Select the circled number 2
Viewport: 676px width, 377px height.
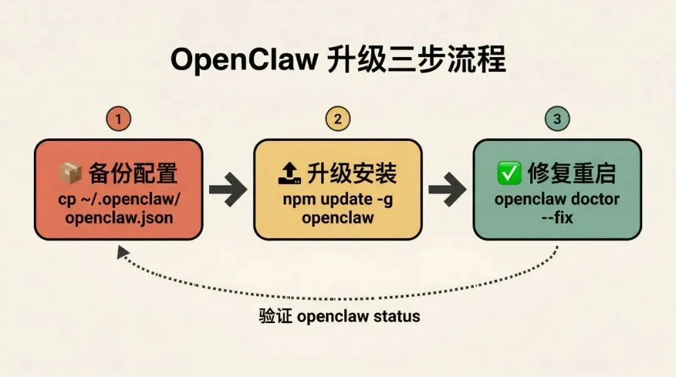click(337, 119)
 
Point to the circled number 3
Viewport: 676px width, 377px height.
click(556, 119)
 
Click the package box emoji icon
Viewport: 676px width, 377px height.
click(70, 173)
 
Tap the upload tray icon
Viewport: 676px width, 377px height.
click(289, 173)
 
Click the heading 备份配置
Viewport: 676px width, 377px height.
click(133, 173)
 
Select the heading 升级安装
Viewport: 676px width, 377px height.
click(352, 173)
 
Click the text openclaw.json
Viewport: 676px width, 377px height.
click(118, 218)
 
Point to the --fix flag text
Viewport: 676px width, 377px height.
click(556, 219)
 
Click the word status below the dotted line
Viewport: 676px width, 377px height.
click(397, 316)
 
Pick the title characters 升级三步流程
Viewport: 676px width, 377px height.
click(416, 61)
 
